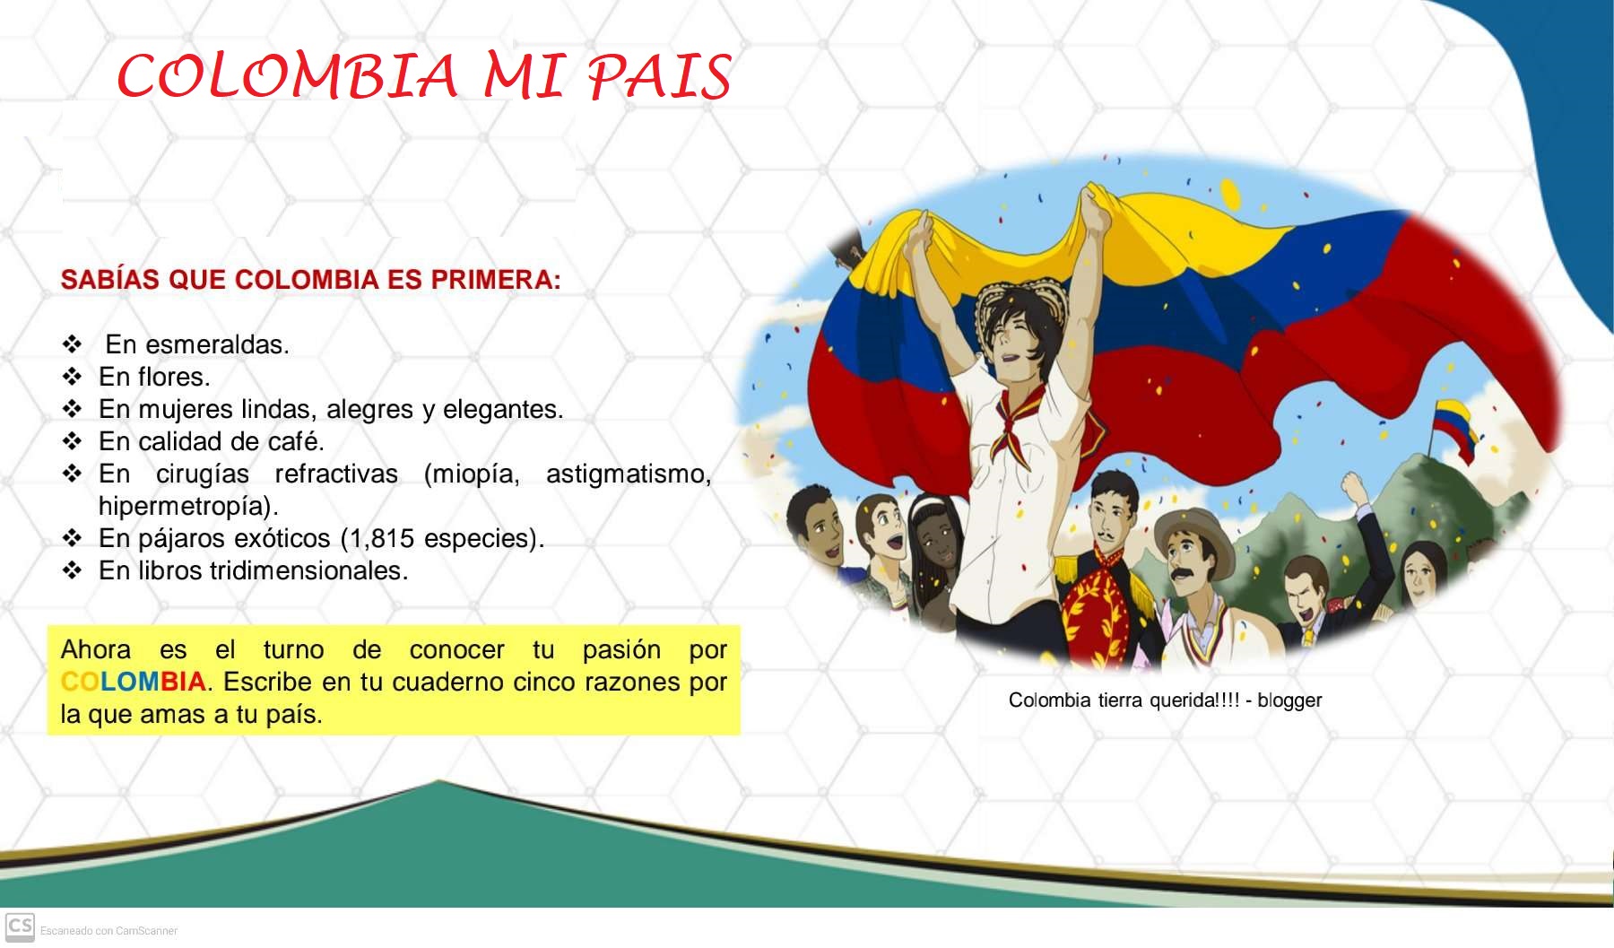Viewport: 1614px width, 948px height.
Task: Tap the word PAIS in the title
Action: (x=659, y=77)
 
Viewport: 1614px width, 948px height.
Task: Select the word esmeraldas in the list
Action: (x=217, y=344)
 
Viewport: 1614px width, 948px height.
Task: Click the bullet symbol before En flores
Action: (x=73, y=377)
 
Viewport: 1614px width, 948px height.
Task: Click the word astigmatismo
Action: (x=628, y=474)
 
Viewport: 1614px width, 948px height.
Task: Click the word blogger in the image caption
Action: (x=1289, y=700)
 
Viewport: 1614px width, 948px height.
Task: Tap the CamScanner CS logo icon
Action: (x=19, y=926)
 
